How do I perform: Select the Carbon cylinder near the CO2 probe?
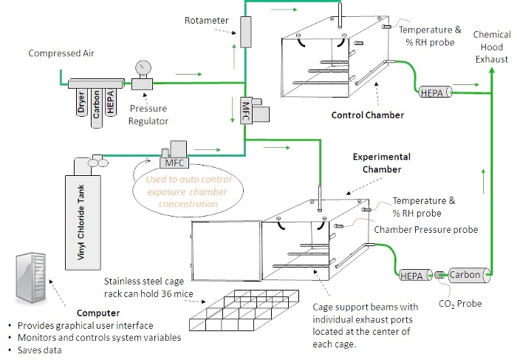pos(465,274)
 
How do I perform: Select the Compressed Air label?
pos(61,53)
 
